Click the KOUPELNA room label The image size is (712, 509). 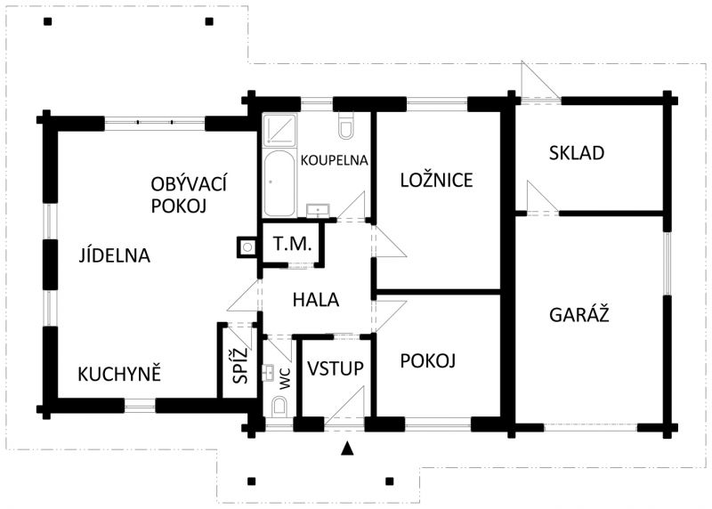pos(335,160)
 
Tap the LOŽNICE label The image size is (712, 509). pos(436,181)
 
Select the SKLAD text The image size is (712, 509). pos(576,153)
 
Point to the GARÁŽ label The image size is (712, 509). pos(579,314)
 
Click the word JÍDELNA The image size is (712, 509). pos(115,254)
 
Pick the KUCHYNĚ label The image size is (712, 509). pos(119,374)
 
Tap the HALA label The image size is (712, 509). pos(316,300)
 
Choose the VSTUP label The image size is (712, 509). pos(336,368)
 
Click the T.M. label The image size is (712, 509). pos(293,244)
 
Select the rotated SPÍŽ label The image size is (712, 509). pos(241,365)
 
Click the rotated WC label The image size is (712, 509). pos(285,379)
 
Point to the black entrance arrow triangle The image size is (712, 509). pos(347,448)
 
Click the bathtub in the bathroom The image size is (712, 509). pos(279,183)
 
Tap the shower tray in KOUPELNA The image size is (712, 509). pos(279,130)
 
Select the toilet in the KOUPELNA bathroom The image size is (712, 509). pos(345,125)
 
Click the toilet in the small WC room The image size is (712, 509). pos(279,407)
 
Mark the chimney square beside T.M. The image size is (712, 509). pos(247,247)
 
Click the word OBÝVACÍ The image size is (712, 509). pos(189,184)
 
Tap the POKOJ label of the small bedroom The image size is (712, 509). pos(428,361)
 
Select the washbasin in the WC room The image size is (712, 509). pos(268,372)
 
